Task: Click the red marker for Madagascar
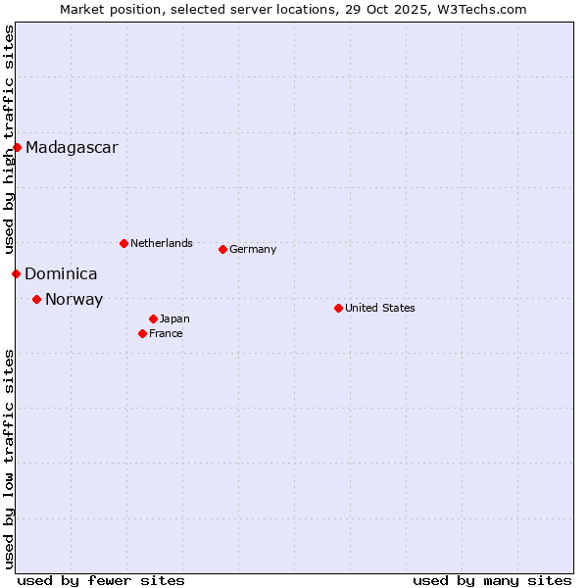pos(17,148)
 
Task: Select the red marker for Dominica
pos(16,273)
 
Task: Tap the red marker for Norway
pos(36,299)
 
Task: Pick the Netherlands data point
pos(123,243)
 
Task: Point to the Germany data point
pos(222,249)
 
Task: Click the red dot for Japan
pos(153,318)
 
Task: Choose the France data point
pos(142,333)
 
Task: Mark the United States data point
pos(338,308)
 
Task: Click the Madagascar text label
pos(72,148)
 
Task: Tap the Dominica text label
pos(61,274)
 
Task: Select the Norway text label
pos(73,300)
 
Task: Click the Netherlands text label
pos(162,243)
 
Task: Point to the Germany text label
pos(253,249)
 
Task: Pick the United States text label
pos(380,308)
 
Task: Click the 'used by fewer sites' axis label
pos(101,580)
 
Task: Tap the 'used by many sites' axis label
pos(492,580)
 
